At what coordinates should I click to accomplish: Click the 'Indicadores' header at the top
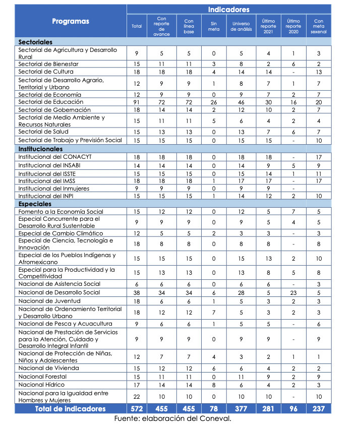(228, 10)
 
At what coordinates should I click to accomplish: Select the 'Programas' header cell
(71, 21)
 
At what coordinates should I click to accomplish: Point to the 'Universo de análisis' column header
(241, 26)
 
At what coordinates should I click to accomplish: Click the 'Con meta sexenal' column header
(319, 26)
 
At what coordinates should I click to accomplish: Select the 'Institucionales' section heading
(40, 149)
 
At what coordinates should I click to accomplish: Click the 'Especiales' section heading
(35, 204)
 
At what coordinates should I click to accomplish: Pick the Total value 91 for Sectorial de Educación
(137, 102)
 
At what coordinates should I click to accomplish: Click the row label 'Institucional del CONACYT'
(55, 157)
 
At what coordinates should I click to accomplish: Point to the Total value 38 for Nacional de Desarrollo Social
(137, 292)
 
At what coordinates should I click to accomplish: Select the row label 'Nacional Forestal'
(42, 377)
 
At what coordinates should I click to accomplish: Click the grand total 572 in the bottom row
(137, 409)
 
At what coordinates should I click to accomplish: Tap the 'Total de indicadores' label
(71, 409)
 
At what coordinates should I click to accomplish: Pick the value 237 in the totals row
(319, 409)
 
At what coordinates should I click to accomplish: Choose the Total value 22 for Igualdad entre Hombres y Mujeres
(137, 397)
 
